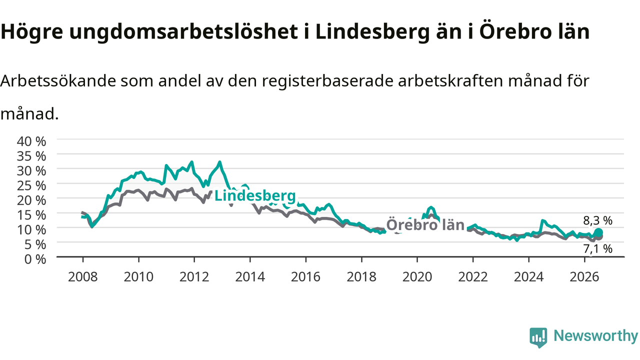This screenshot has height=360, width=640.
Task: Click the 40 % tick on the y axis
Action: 31,141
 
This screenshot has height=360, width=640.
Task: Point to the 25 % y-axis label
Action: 31,185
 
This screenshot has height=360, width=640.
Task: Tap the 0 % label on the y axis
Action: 35,259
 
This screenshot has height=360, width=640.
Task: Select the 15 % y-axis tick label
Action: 31,215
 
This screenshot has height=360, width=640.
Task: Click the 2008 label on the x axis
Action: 83,277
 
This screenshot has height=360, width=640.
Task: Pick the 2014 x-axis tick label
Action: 250,277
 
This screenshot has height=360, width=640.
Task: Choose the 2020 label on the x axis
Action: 417,277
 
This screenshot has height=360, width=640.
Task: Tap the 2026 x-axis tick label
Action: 584,277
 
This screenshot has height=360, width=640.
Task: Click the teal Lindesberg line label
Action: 255,196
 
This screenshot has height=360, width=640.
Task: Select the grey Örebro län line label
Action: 425,225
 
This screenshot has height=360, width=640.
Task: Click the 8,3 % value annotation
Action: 598,220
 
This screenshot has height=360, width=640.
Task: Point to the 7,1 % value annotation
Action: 598,249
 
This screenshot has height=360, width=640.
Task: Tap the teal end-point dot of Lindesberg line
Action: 598,232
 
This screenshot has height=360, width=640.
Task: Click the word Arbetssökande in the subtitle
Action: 58,81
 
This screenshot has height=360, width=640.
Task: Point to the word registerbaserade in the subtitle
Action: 327,81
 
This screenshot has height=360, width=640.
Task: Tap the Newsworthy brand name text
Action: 595,336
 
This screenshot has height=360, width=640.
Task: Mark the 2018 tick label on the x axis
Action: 361,277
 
